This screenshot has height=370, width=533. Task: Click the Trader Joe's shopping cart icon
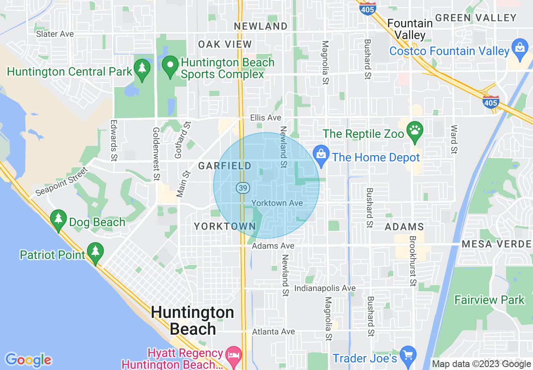[x=407, y=355]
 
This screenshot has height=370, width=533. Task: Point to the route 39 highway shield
[x=242, y=188]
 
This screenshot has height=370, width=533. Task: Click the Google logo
[x=28, y=359]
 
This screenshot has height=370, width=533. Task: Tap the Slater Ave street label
[x=55, y=34]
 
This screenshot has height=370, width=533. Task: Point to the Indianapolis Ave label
[x=325, y=288]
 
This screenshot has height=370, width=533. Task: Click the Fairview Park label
[x=489, y=300]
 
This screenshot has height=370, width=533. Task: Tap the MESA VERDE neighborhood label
[x=496, y=244]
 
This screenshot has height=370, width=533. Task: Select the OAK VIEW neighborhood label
[x=225, y=45]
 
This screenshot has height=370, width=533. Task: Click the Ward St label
[x=454, y=139]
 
